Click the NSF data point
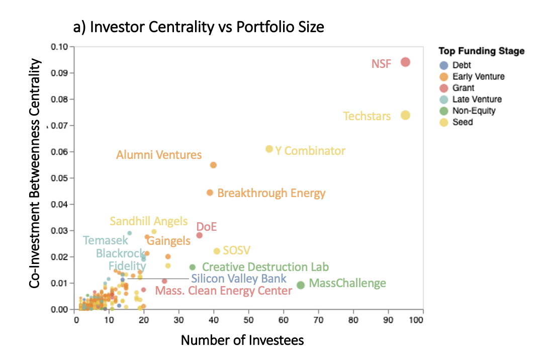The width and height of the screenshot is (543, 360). tap(405, 62)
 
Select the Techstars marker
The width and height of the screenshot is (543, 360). tap(405, 115)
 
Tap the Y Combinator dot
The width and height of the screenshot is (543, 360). tap(269, 149)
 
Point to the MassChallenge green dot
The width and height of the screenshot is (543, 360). tap(301, 285)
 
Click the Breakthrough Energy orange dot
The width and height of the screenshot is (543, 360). tap(210, 193)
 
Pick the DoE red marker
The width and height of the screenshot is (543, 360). tap(199, 235)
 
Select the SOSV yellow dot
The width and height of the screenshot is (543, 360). tap(217, 251)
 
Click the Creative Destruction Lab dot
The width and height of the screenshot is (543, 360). tap(192, 267)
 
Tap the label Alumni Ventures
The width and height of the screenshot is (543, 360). tap(159, 155)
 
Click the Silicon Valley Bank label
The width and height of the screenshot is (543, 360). tap(239, 279)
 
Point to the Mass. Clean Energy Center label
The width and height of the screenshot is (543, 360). tap(223, 291)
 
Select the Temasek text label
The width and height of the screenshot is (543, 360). tap(106, 241)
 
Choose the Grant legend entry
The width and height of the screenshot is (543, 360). tap(463, 88)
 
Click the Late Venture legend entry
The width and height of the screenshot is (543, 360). tap(477, 100)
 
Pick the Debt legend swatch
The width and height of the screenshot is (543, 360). tap(443, 65)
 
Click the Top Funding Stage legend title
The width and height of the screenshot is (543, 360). tap(481, 51)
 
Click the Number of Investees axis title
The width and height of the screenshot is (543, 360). tap(242, 340)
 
